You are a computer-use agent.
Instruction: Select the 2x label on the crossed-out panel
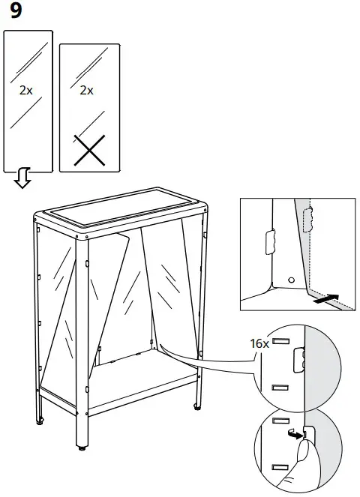[86, 91]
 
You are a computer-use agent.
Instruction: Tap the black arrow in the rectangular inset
[325, 298]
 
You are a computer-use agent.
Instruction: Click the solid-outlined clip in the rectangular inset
[269, 242]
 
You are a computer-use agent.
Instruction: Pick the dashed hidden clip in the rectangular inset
[304, 220]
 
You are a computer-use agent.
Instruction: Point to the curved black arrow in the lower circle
[295, 433]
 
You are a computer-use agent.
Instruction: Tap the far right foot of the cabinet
[197, 407]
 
